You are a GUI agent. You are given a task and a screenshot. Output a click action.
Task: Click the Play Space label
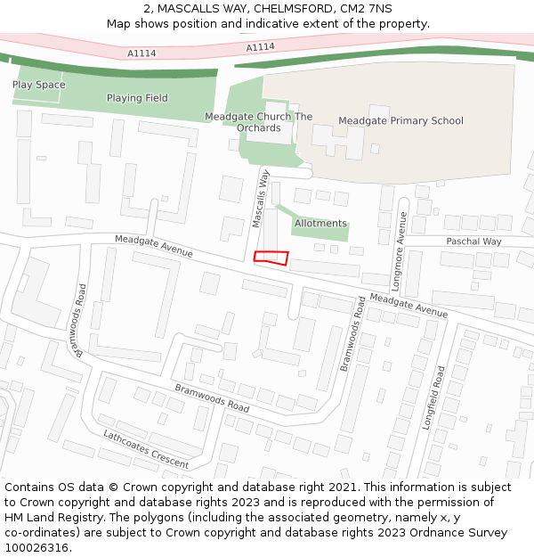[39, 85]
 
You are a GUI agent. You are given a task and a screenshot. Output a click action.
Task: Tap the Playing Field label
[137, 98]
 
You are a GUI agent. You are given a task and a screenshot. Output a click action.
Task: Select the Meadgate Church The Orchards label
[259, 122]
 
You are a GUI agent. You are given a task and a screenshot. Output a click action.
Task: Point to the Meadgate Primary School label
[400, 121]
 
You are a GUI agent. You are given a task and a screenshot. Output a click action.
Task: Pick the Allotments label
[320, 223]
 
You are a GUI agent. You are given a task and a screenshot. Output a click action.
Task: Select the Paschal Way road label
[473, 242]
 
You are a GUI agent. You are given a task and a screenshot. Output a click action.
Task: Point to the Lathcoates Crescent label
[146, 449]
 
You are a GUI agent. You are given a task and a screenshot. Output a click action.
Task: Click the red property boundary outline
[271, 258]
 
